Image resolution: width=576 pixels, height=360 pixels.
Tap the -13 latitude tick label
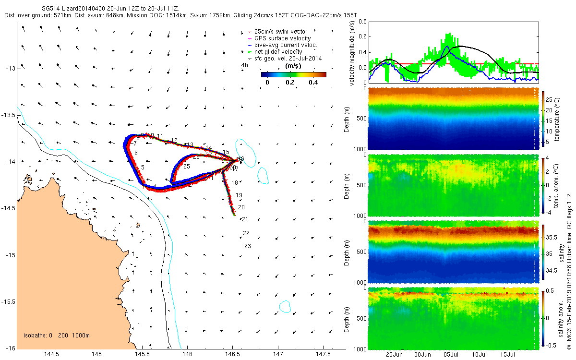[x=10, y=69]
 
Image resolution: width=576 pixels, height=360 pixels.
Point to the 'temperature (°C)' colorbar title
[x=557, y=118]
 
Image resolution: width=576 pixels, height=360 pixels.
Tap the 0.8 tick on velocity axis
[x=362, y=22]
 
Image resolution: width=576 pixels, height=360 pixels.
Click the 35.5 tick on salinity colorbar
[x=552, y=238]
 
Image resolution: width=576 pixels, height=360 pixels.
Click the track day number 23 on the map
[x=248, y=246]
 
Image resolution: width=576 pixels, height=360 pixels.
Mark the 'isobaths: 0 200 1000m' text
[x=57, y=336]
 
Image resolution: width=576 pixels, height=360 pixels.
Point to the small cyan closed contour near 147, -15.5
[x=286, y=306]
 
